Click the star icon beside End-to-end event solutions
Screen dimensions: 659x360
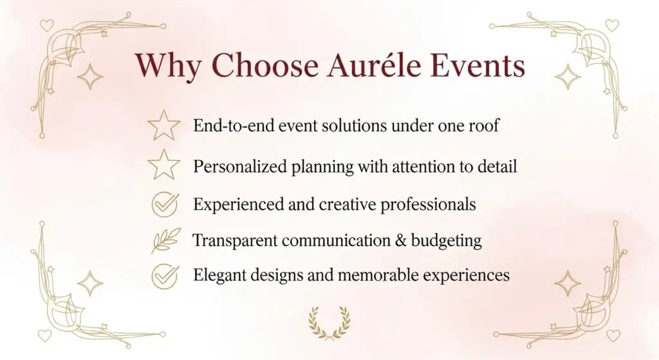point(163,126)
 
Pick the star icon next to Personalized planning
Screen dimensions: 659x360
point(163,165)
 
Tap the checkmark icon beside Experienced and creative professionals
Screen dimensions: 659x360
point(165,204)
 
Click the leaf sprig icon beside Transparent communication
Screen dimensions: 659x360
point(165,241)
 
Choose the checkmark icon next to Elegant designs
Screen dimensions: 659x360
point(165,276)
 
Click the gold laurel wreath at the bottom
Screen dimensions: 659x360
point(329,323)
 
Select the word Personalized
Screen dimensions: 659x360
point(241,166)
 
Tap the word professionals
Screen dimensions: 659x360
point(428,205)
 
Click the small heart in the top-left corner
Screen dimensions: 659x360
point(46,25)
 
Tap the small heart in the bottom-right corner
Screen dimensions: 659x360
point(613,336)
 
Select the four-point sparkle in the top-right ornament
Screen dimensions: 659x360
point(568,77)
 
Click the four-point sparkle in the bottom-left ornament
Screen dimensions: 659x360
point(89,283)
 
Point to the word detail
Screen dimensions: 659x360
point(497,166)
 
